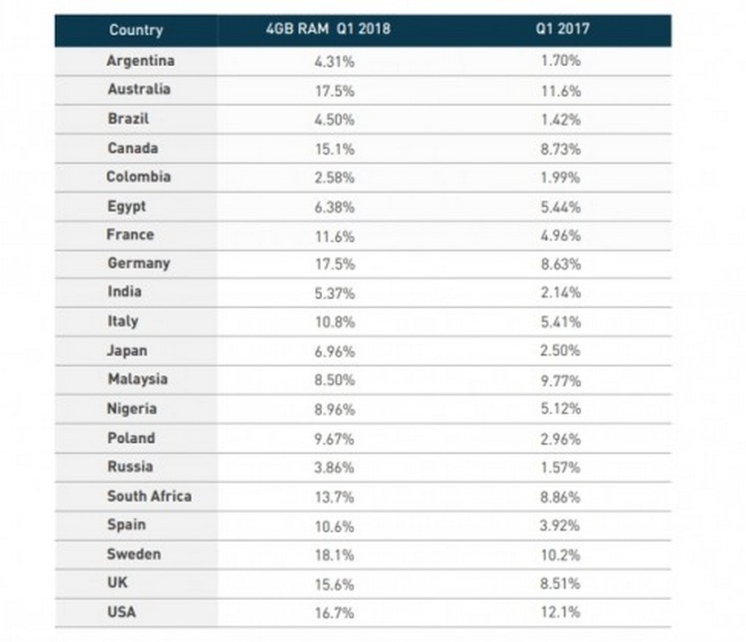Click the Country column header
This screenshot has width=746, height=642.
pos(136,29)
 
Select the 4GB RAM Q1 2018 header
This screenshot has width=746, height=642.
pos(327,29)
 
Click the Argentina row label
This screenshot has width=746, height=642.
pos(140,61)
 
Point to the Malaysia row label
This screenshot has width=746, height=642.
pos(137,379)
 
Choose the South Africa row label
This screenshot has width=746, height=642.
pos(149,496)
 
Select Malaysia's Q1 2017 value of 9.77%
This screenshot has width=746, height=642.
pos(561,379)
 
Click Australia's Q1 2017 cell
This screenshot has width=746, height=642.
pos(561,90)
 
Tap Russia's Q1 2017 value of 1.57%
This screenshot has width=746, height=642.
pos(561,467)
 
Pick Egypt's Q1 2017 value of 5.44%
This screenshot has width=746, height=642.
pos(561,206)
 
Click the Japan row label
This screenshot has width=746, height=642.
pos(127,350)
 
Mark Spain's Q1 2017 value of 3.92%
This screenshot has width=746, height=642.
pos(561,525)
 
